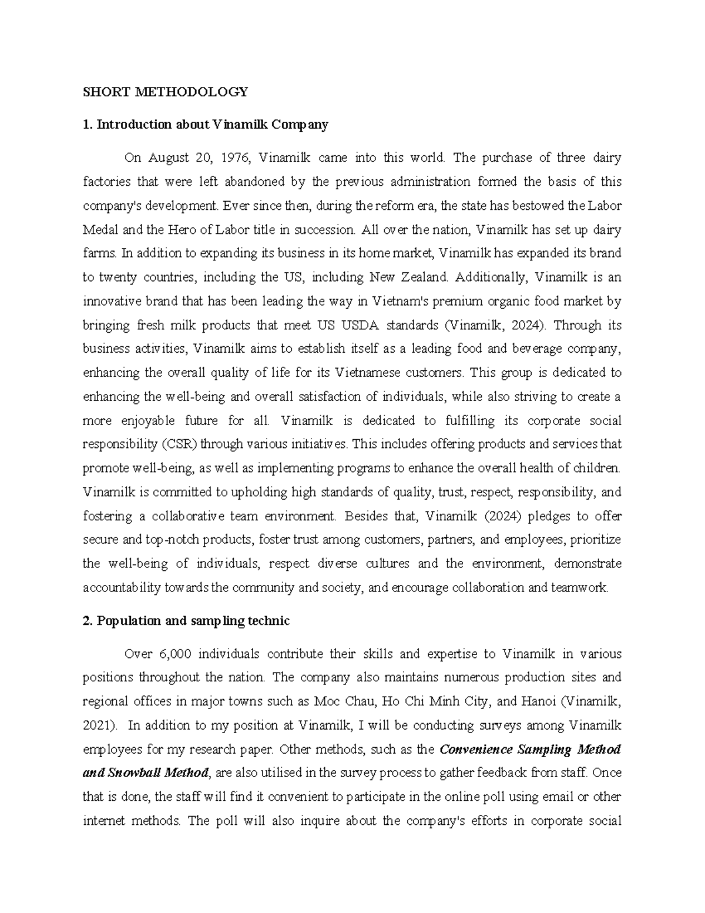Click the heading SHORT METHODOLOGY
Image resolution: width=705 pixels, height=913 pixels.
[x=165, y=92]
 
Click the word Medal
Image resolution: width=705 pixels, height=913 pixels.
[x=101, y=230]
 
